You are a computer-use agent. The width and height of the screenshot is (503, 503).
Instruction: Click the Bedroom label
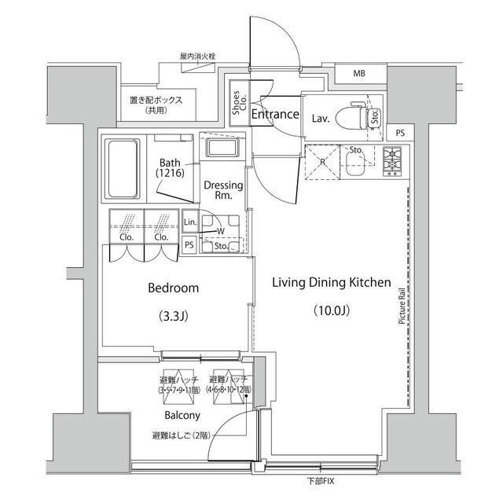pyautogui.click(x=174, y=288)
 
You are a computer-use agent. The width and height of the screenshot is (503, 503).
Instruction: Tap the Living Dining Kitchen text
pyautogui.click(x=332, y=282)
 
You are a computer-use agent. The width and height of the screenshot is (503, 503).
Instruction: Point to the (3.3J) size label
pyautogui.click(x=174, y=317)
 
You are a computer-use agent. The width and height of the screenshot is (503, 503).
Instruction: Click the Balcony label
pyautogui.click(x=182, y=415)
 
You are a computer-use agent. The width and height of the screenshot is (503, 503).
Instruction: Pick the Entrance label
pyautogui.click(x=275, y=115)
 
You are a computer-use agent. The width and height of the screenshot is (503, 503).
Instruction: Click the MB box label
pyautogui.click(x=359, y=75)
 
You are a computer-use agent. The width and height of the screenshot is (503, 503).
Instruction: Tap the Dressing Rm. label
pyautogui.click(x=223, y=191)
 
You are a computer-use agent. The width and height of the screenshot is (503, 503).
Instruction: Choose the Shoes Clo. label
pyautogui.click(x=237, y=105)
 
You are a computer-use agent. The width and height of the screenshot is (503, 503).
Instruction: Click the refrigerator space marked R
pyautogui.click(x=323, y=161)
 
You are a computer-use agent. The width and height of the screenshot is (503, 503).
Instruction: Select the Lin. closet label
pyautogui.click(x=189, y=222)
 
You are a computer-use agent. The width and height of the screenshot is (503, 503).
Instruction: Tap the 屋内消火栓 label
pyautogui.click(x=197, y=57)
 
